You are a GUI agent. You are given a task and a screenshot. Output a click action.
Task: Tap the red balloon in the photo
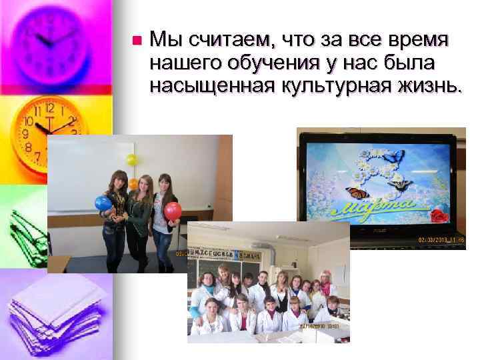click(x=173, y=211)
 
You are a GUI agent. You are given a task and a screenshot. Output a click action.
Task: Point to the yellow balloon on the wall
click(x=131, y=160)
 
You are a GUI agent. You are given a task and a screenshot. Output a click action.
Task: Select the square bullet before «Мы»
click(x=136, y=40)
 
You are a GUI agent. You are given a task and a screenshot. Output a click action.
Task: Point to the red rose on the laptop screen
click(x=437, y=215)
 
